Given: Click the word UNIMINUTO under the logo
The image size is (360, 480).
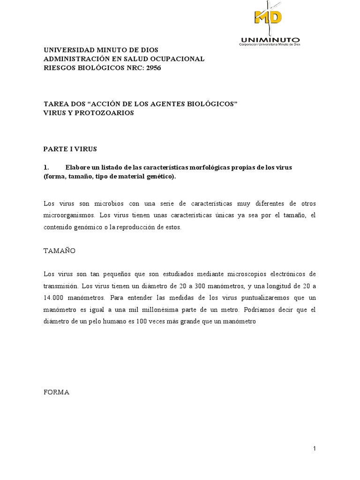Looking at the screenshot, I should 270,39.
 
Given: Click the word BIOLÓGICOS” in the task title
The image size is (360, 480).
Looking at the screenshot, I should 206,104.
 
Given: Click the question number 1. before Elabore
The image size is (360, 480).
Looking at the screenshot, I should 46,167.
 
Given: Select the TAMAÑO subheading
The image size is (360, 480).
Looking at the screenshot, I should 59,251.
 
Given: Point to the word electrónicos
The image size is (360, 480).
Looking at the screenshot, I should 286,274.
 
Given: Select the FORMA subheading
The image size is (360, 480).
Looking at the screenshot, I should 56,392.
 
